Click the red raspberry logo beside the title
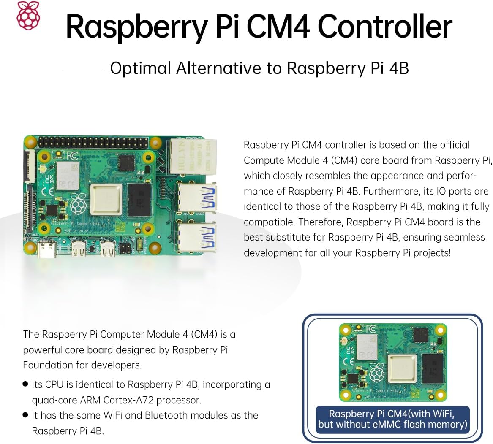(x=28, y=15)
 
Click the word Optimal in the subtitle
(x=140, y=68)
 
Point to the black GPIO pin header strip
(x=93, y=143)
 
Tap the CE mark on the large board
(x=49, y=191)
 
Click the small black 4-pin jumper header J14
(x=125, y=249)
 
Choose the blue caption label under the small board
(x=392, y=420)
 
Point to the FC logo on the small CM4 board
(x=371, y=329)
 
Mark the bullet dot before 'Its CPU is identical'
(x=25, y=384)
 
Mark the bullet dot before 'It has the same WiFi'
(x=25, y=415)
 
